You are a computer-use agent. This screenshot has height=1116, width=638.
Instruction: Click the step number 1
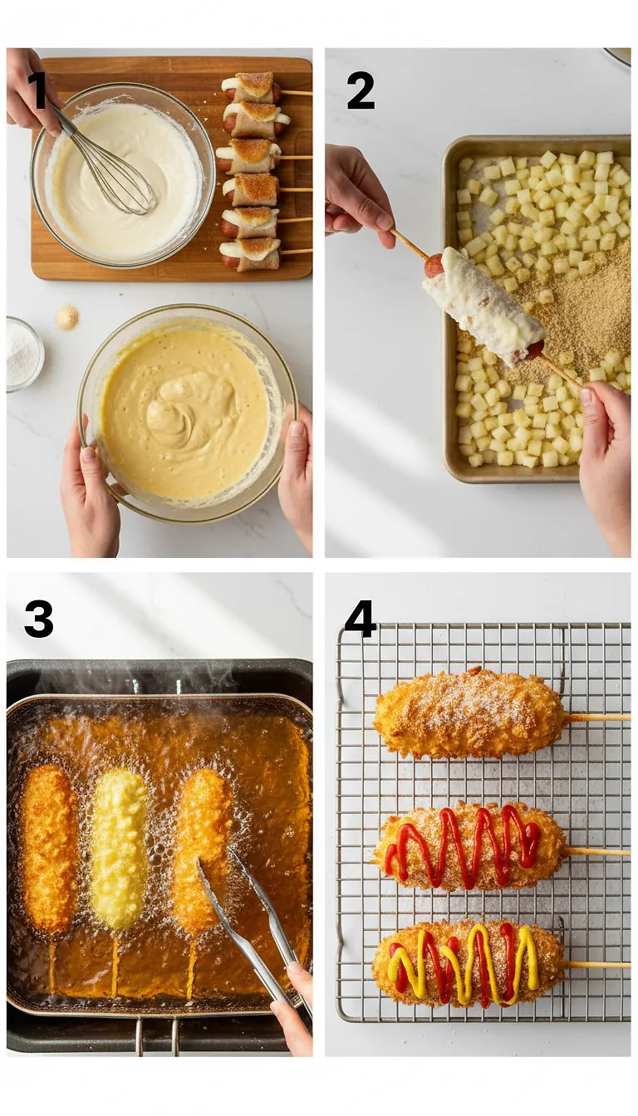(x=38, y=91)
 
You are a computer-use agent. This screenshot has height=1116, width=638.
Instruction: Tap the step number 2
(x=360, y=91)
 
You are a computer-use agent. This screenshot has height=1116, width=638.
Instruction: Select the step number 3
(x=38, y=619)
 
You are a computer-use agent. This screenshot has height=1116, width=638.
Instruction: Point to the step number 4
(x=360, y=619)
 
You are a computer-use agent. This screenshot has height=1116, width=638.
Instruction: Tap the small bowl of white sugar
(x=23, y=354)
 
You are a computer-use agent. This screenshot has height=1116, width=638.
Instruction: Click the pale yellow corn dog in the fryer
(x=119, y=847)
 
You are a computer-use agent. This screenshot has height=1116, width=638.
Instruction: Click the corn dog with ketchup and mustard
(x=468, y=964)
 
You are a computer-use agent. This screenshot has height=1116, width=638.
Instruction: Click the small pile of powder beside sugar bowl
(x=67, y=316)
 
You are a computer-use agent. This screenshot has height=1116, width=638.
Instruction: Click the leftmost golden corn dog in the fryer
(x=48, y=847)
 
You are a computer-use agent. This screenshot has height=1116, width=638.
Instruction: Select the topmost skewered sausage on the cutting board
(x=253, y=87)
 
